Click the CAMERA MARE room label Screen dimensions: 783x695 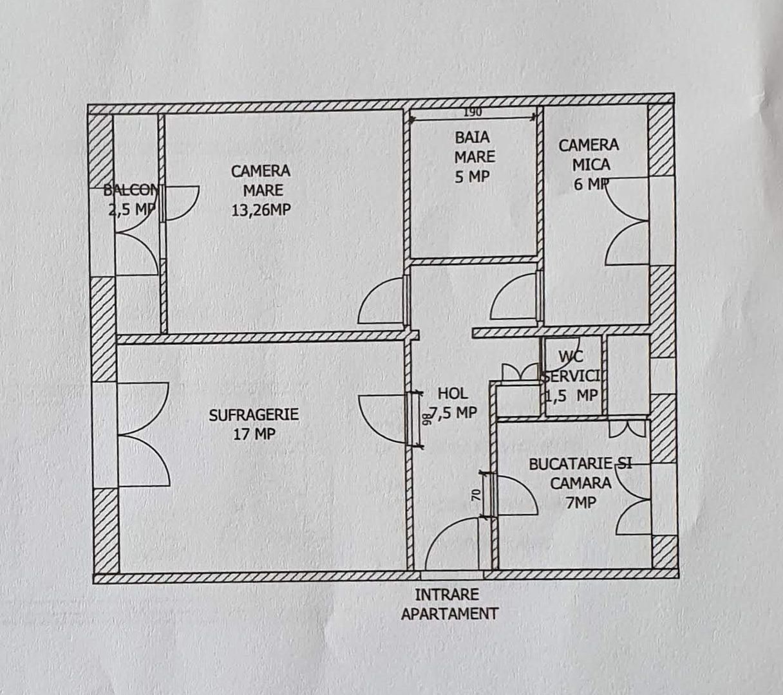pyautogui.click(x=261, y=180)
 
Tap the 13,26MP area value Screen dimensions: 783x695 pyautogui.click(x=261, y=210)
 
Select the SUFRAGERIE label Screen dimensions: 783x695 pyautogui.click(x=254, y=415)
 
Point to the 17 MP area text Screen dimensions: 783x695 pyautogui.click(x=254, y=434)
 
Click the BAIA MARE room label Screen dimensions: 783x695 pyautogui.click(x=474, y=147)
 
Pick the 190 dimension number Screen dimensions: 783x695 pyautogui.click(x=472, y=112)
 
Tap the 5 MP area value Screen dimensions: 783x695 pyautogui.click(x=472, y=176)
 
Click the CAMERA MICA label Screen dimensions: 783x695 pyautogui.click(x=589, y=155)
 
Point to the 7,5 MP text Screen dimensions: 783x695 pyautogui.click(x=454, y=412)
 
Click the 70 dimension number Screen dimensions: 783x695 pyautogui.click(x=476, y=495)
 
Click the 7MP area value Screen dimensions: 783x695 pyautogui.click(x=580, y=503)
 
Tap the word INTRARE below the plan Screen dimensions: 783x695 pyautogui.click(x=447, y=594)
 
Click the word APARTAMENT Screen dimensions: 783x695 pyautogui.click(x=449, y=613)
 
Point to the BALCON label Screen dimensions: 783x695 pyautogui.click(x=131, y=190)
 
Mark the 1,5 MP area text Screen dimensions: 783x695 pyautogui.click(x=572, y=395)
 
